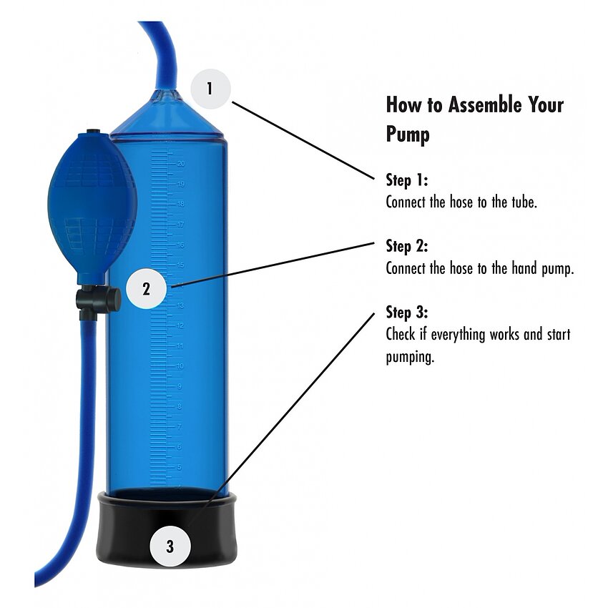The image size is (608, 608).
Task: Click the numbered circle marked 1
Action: tap(210, 89)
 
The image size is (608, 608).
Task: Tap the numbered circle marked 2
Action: tap(146, 289)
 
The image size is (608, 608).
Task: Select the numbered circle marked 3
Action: tap(170, 546)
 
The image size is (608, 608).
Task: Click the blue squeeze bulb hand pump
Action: tap(92, 207)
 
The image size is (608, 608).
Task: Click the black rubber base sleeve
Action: tap(167, 529)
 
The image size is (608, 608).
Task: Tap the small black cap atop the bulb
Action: tap(92, 132)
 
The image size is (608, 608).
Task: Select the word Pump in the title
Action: tap(408, 134)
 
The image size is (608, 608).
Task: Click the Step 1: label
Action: tap(407, 180)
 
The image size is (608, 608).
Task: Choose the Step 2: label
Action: tap(407, 246)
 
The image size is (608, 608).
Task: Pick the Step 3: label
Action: tap(407, 312)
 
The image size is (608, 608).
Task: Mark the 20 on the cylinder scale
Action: tap(181, 164)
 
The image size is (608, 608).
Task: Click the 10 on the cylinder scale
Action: tap(180, 366)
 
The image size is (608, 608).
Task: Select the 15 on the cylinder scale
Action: tap(180, 265)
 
